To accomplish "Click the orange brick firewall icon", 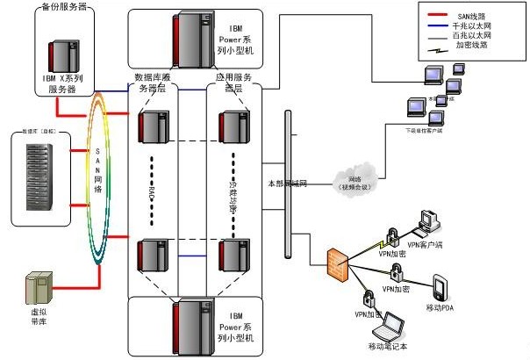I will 338,265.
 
